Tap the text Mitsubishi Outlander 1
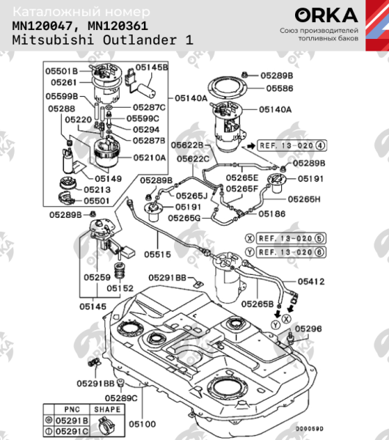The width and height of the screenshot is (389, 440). [x=103, y=40]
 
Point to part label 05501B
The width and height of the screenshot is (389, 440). [x=62, y=70]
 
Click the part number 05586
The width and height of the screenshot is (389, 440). [x=280, y=87]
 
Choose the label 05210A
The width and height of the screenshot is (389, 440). [x=150, y=157]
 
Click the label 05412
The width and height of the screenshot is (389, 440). [x=310, y=280]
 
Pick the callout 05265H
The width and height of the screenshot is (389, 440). [x=303, y=199]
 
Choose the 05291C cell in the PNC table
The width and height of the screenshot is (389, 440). [x=73, y=430]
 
